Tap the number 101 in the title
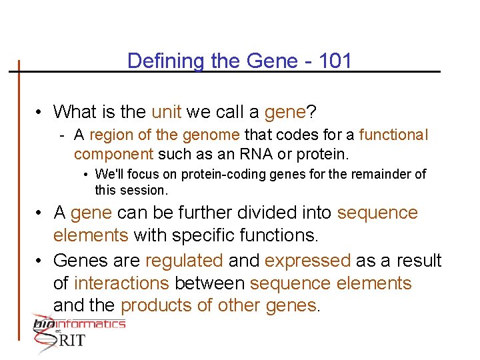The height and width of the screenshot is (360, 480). pos(335,61)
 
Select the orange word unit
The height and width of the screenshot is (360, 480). pos(167,111)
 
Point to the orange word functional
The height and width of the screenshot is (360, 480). pos(393,135)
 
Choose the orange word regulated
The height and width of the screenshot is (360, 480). pos(183,260)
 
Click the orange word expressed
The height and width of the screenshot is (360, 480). pos(307,260)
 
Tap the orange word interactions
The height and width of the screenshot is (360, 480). pos(121,283)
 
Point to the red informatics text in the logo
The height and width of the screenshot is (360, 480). pos(93,324)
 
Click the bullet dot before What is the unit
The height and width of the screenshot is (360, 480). pos(41,111)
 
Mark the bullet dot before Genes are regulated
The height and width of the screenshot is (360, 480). pos(41,261)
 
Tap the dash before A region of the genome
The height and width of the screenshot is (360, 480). pos(61,135)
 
